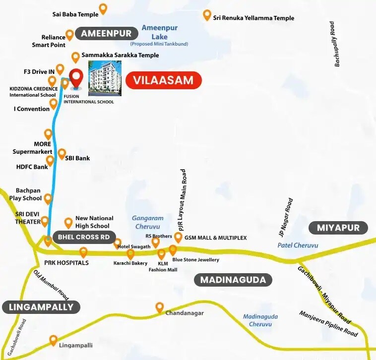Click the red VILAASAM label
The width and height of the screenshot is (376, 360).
[x=164, y=80]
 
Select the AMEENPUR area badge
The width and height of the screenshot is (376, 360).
[x=106, y=34]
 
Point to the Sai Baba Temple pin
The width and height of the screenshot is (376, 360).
[x=103, y=8]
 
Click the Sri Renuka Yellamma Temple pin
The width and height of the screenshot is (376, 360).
[x=207, y=15]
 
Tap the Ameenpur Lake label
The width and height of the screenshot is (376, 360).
[x=159, y=32]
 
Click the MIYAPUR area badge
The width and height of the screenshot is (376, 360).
[x=338, y=228]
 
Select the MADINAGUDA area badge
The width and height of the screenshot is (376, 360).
[x=233, y=280]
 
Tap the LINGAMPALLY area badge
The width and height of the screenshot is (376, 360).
[x=41, y=307]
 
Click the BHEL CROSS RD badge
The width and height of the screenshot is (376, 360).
[x=83, y=237]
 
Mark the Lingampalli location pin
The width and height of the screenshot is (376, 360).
[x=53, y=340]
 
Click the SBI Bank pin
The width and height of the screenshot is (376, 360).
[x=62, y=154]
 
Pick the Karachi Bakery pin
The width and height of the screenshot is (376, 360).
[x=130, y=254]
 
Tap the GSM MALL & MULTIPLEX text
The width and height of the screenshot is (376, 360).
[x=215, y=238]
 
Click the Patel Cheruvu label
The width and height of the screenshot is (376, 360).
[x=298, y=245]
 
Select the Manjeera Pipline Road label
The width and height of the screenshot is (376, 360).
[x=328, y=324]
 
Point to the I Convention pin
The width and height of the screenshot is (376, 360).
[x=53, y=104]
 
